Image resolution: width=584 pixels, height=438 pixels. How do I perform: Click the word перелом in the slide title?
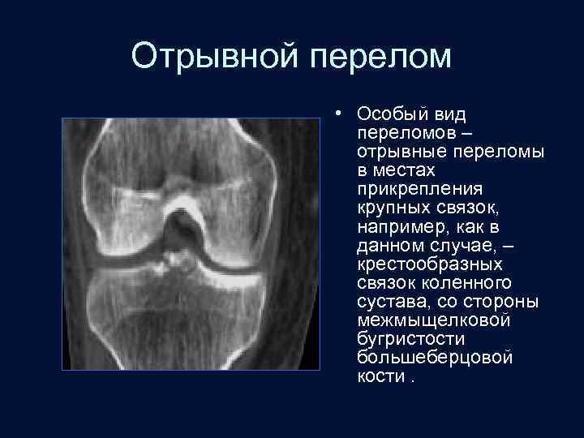(x=382, y=57)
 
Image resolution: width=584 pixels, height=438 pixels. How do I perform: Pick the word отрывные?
(x=393, y=151)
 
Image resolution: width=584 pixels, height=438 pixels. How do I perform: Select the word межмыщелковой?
(x=421, y=320)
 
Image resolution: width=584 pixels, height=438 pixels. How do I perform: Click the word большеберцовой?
(x=423, y=357)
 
